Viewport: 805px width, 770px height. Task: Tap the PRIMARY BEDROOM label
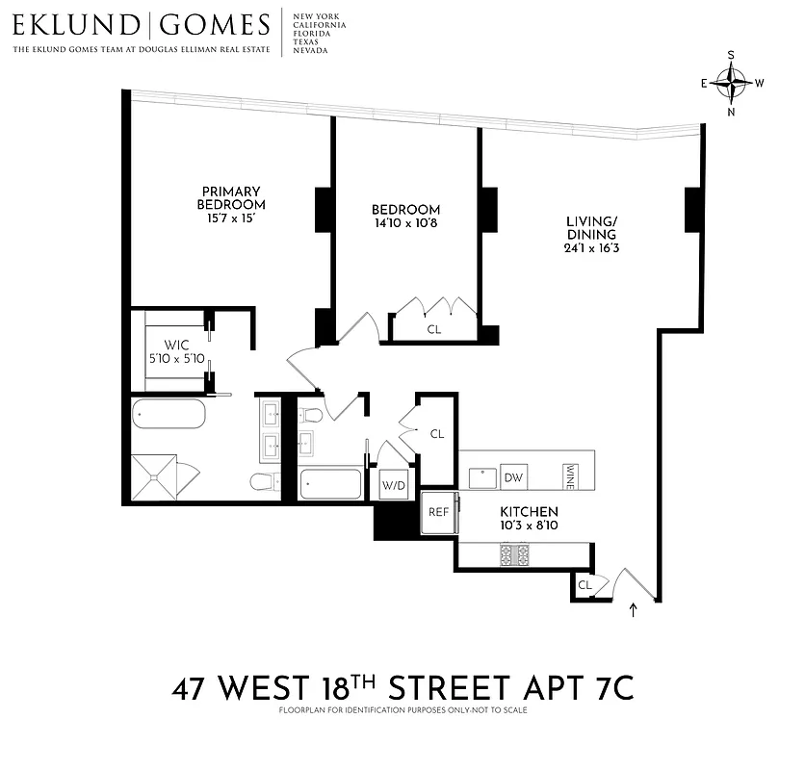[x=231, y=197]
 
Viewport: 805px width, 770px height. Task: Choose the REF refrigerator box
[x=438, y=512]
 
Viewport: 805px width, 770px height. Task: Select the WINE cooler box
[x=570, y=475]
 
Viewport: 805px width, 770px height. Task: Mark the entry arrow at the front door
[x=633, y=608]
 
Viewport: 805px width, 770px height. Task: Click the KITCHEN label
[x=529, y=512]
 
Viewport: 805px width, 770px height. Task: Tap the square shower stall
[x=155, y=475]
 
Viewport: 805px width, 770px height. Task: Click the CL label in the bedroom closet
[x=433, y=329]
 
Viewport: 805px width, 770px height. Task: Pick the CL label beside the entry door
[x=584, y=584]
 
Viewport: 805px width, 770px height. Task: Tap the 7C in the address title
[x=609, y=689]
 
